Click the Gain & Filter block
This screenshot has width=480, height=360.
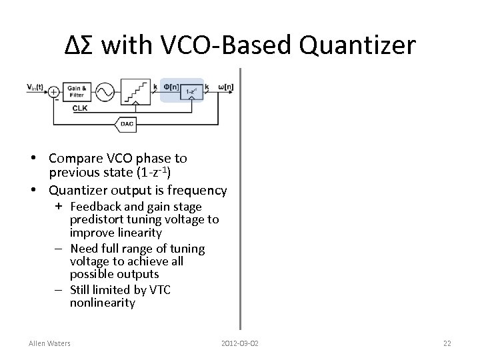(76, 91)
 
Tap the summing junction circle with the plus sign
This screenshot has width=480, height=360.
(53, 92)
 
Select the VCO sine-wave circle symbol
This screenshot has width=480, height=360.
(104, 92)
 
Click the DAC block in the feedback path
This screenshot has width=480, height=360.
(126, 123)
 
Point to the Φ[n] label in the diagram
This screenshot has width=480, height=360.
(170, 85)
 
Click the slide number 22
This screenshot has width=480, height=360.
(447, 343)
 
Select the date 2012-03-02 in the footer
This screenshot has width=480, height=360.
(240, 343)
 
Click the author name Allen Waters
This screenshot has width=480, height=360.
(50, 343)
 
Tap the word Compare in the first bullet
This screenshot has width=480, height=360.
(76, 159)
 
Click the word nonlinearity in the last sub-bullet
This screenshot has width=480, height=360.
(102, 303)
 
